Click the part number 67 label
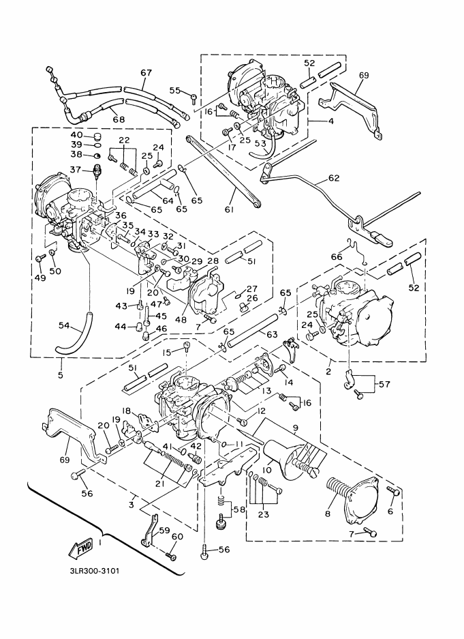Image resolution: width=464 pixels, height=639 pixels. click(x=145, y=74)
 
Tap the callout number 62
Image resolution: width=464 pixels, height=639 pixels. click(x=333, y=178)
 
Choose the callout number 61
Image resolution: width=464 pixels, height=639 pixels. click(x=229, y=210)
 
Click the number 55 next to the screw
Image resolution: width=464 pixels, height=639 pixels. click(x=174, y=90)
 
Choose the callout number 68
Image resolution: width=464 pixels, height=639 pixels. click(x=119, y=119)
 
